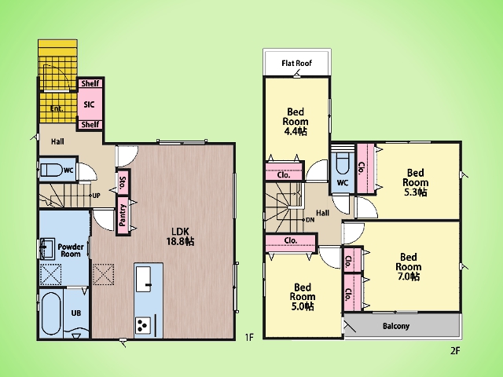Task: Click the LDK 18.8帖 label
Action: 180,236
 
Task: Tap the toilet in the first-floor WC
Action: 51,170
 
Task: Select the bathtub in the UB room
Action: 51,313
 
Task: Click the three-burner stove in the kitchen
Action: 143,325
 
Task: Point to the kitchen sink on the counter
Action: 143,279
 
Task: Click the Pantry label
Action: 123,215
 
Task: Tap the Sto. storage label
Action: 123,181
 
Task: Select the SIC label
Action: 89,104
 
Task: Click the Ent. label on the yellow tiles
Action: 57,108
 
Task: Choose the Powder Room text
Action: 71,251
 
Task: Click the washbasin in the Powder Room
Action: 47,248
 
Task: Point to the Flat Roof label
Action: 297,63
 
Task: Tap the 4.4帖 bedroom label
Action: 296,122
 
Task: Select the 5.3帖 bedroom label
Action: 416,182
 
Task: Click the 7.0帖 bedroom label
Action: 409,267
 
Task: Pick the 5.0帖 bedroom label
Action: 303,297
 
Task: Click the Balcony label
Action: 396,326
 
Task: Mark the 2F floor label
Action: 455,351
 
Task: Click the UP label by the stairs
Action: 96,196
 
